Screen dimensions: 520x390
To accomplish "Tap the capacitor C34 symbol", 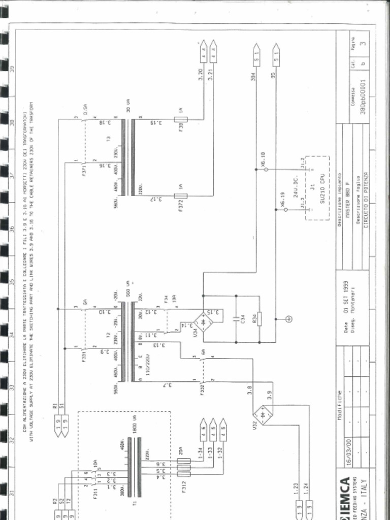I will pos(236,319).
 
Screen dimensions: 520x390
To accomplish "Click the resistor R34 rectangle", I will pos(259,319).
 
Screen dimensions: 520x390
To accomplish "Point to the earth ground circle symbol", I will pos(289,319).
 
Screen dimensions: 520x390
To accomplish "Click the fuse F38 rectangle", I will pos(180,120).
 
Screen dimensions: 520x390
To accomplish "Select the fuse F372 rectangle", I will pos(181,196).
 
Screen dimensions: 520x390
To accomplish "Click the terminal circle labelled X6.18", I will pos(266,169).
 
